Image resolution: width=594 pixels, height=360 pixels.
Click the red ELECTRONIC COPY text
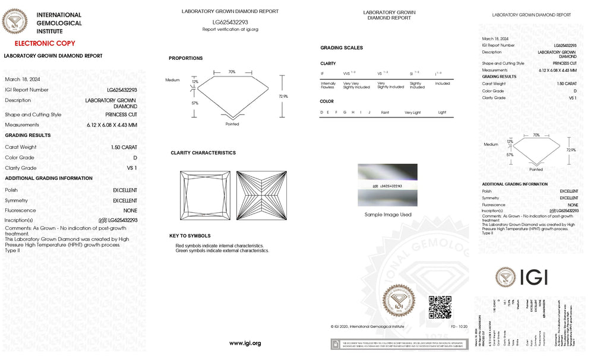coord(45,43)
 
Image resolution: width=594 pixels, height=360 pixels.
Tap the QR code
coord(440,307)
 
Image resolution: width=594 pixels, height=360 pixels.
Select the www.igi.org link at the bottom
coord(245,343)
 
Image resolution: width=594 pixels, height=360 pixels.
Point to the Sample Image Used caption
coord(388,215)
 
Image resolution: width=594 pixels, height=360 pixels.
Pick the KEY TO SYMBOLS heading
coord(190,236)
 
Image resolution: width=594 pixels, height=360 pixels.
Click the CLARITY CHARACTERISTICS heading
coord(203,153)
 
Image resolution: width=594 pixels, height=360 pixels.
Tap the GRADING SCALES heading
coord(342,48)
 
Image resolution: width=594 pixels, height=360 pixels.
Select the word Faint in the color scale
coord(386,112)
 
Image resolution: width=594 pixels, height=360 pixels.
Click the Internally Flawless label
coord(328,85)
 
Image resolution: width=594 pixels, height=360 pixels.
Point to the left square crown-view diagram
coord(205,195)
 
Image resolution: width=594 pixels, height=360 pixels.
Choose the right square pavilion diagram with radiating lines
coord(261,195)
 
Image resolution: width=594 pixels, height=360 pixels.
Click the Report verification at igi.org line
coord(230,29)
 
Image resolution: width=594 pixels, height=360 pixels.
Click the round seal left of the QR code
coord(399,301)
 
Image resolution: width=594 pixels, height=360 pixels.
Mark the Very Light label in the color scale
coord(413,112)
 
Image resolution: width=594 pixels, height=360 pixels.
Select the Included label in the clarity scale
coord(443,84)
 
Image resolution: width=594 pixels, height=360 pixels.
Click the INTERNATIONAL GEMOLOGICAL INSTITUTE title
coord(59,23)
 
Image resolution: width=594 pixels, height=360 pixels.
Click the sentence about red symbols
coord(220,246)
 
